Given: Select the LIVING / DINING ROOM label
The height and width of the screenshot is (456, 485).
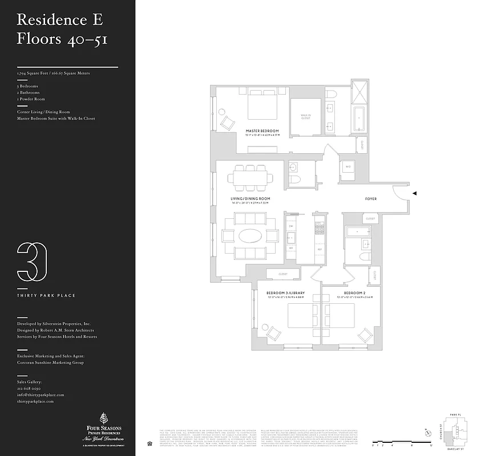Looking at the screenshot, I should pyautogui.click(x=250, y=199).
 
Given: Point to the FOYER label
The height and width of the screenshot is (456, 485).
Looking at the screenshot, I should pyautogui.click(x=373, y=199).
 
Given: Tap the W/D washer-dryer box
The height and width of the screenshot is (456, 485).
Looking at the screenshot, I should pyautogui.click(x=348, y=167).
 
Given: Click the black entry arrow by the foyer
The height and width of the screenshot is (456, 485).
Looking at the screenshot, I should pyautogui.click(x=415, y=194).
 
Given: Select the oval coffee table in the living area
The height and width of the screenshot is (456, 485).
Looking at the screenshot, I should pyautogui.click(x=250, y=235).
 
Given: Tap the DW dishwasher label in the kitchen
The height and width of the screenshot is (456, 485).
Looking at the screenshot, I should pyautogui.click(x=291, y=226).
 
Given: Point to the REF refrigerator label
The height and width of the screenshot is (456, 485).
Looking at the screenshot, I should pyautogui.click(x=320, y=249).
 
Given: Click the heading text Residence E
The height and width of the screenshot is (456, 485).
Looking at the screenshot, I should pyautogui.click(x=60, y=19).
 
